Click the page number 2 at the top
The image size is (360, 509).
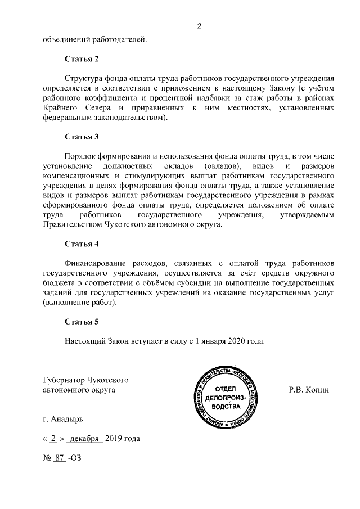click(x=199, y=25)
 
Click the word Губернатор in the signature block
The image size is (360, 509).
click(x=66, y=379)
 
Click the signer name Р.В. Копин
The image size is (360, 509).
click(x=308, y=389)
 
